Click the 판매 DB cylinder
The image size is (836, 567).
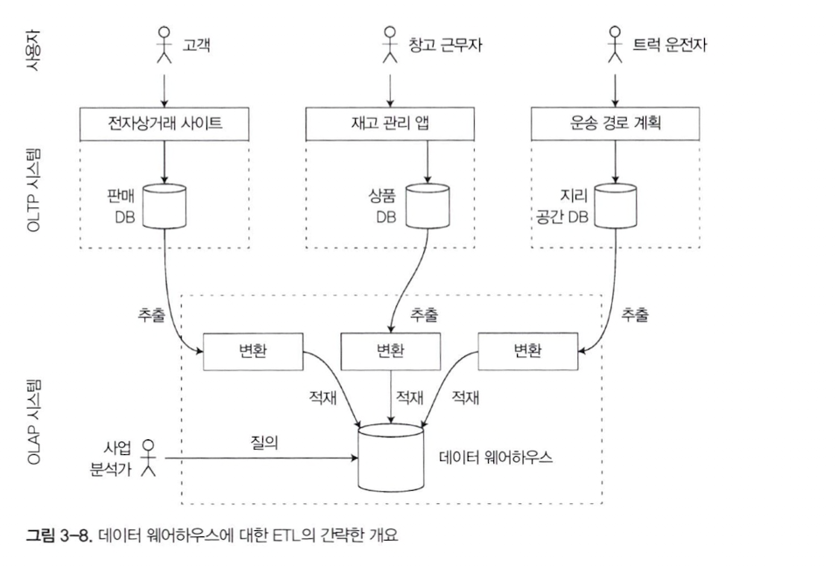click(x=164, y=205)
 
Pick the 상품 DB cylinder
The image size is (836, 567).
click(x=427, y=205)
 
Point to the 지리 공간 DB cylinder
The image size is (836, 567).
click(x=616, y=205)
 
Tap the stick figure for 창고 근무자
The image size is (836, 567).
click(x=390, y=45)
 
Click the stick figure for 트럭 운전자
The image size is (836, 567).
click(x=617, y=45)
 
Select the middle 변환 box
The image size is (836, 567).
click(x=391, y=352)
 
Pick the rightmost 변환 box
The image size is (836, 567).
click(x=527, y=352)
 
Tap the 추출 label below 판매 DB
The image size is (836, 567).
click(x=150, y=315)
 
